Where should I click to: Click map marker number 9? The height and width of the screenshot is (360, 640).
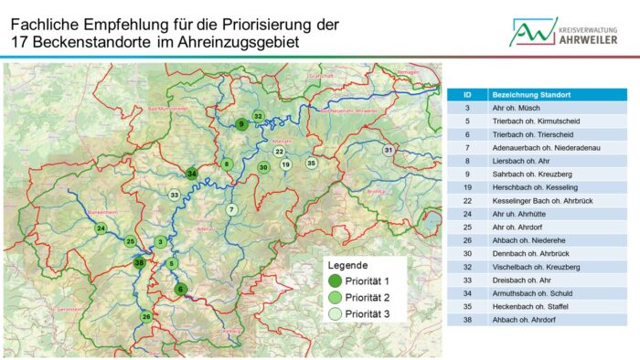pos(241,124)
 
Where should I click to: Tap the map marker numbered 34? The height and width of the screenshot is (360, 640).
pos(192,174)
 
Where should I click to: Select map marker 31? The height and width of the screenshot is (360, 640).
pos(389,150)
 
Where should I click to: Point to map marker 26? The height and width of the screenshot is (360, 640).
pos(146,317)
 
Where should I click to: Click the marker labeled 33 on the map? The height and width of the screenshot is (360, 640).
pos(175,195)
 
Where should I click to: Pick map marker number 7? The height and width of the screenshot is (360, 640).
pos(231,209)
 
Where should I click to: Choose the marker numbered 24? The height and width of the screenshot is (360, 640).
pos(101,228)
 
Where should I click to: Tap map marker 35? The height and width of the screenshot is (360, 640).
pos(312,164)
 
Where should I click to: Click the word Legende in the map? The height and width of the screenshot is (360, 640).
pos(347,265)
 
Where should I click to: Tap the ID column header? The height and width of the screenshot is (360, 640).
pos(468,94)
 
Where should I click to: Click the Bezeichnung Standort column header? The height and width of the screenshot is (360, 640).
pos(530,94)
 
